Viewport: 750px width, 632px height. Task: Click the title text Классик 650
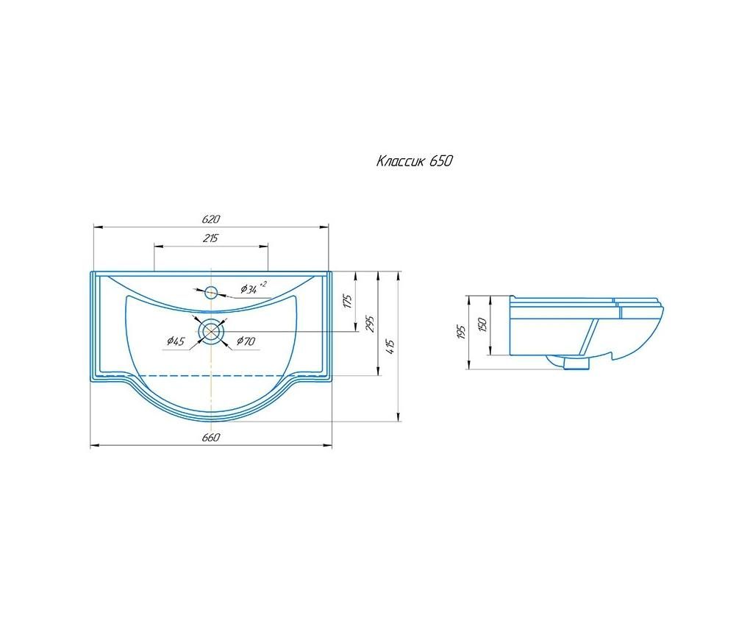[x=414, y=161]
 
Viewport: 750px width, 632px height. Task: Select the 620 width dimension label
[x=211, y=219]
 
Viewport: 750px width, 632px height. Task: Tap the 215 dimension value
[x=210, y=238]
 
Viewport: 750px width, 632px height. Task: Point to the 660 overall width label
[x=211, y=438]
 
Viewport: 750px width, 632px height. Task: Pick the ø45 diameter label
[x=176, y=341]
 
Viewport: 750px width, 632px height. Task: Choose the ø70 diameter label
[x=246, y=341]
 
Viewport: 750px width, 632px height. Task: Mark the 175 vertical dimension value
[x=349, y=301]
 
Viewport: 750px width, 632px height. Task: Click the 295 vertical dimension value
[x=371, y=324]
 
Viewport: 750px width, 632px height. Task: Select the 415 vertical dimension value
[x=390, y=347]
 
